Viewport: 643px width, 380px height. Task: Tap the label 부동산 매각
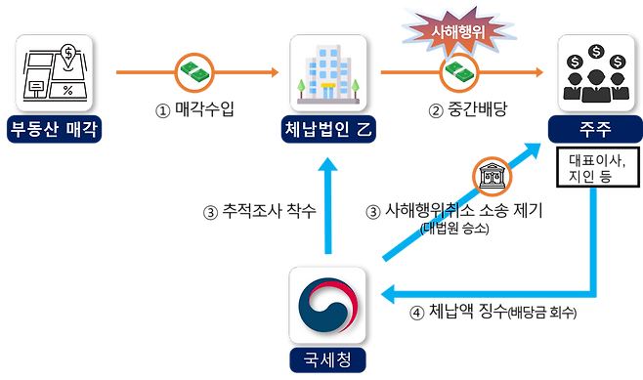coord(56,130)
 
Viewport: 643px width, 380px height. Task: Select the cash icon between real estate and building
coord(193,73)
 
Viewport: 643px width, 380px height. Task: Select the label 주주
coord(592,129)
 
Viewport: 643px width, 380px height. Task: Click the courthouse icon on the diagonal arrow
coord(488,178)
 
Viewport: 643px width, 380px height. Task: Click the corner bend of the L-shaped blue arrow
coord(592,289)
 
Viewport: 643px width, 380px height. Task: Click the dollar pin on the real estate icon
coord(67,54)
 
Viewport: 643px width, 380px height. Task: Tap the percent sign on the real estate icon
coord(67,90)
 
